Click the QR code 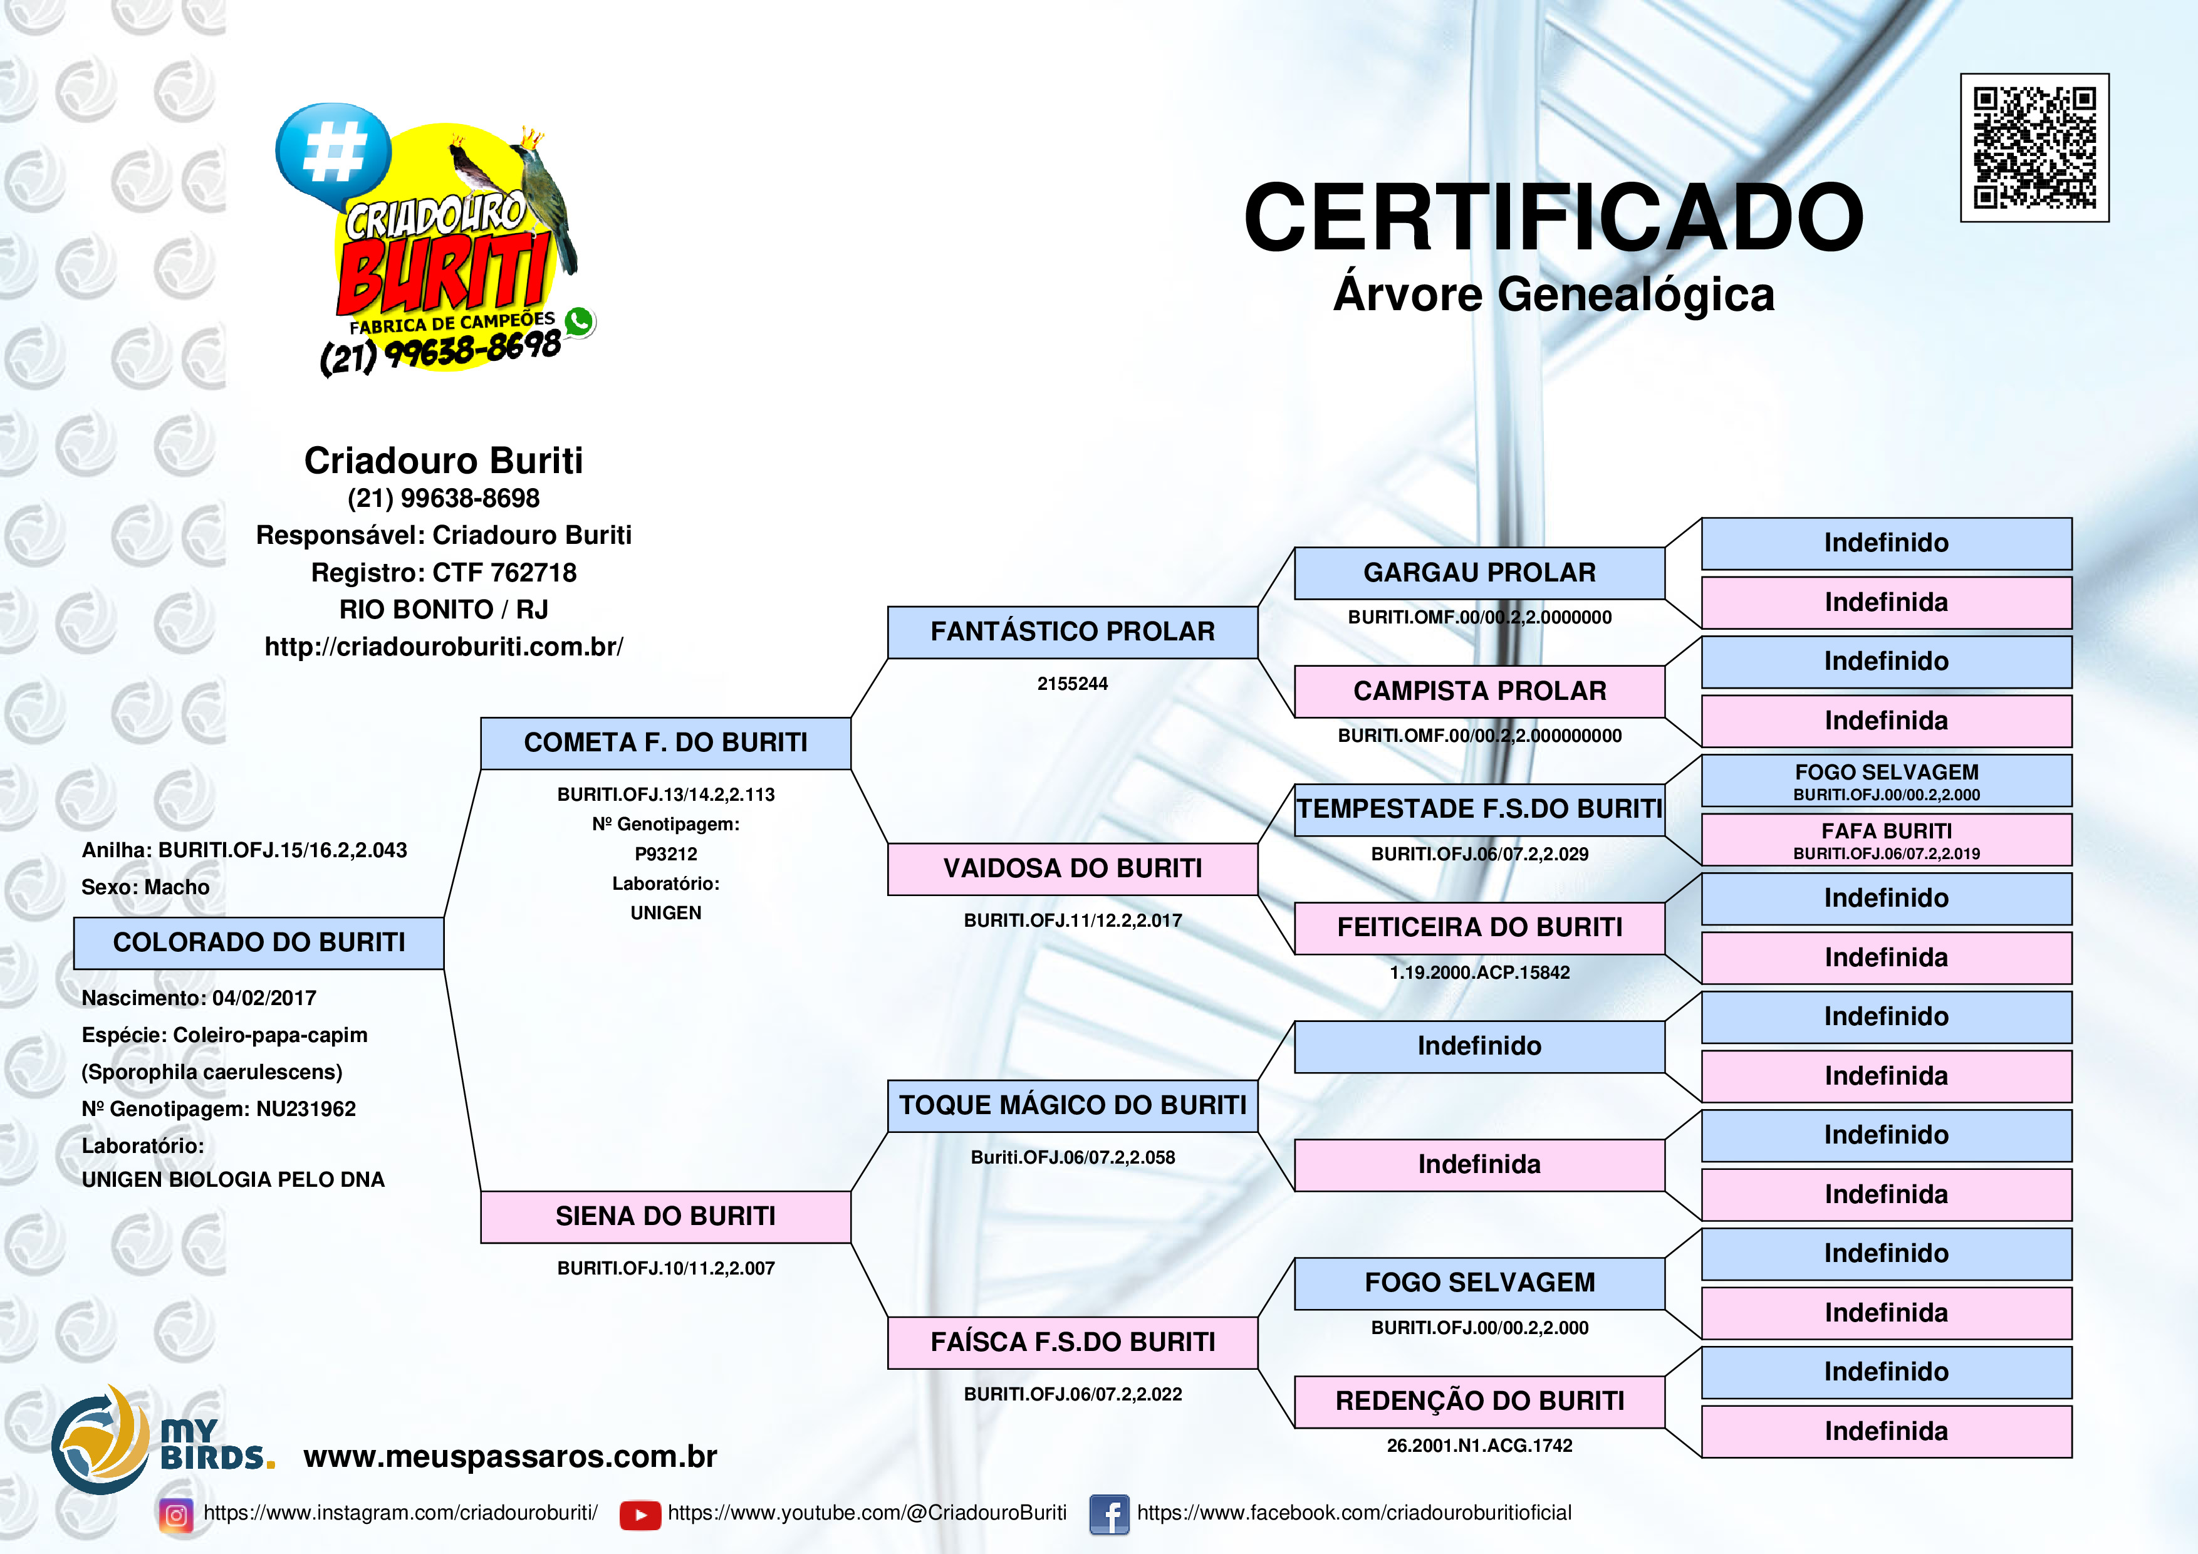tap(2034, 147)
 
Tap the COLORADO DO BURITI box tap(259, 943)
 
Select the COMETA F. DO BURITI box tap(665, 743)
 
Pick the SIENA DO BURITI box tap(665, 1217)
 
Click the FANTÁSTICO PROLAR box tap(1072, 632)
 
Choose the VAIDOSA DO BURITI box tap(1072, 868)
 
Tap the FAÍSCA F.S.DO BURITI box tap(1072, 1342)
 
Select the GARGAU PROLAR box tap(1479, 573)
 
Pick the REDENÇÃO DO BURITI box tap(1479, 1402)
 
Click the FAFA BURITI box tap(1886, 840)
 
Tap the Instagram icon tap(176, 1515)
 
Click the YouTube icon tap(640, 1515)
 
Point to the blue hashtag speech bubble tap(333, 151)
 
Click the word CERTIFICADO tap(1553, 217)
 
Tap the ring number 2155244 tap(1072, 684)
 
